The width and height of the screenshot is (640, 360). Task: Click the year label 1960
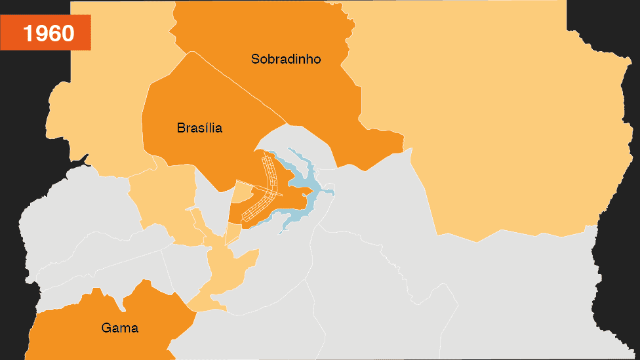pyautogui.click(x=49, y=33)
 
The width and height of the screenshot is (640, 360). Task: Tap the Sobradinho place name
pyautogui.click(x=286, y=59)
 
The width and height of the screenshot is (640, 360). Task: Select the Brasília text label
pyautogui.click(x=199, y=128)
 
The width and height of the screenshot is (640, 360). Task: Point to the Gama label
pyautogui.click(x=120, y=328)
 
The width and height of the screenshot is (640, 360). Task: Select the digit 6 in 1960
pyautogui.click(x=56, y=33)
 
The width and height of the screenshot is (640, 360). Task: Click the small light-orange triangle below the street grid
pyautogui.click(x=233, y=233)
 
